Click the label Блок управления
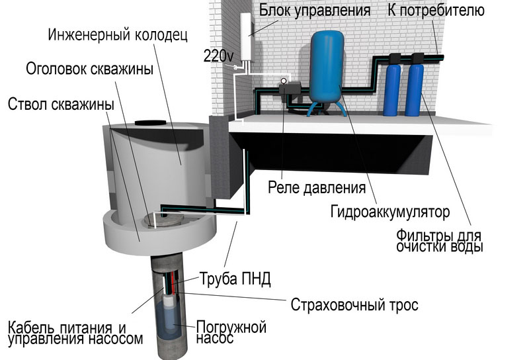point(315,11)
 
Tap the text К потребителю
point(436,10)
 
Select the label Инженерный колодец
point(118,34)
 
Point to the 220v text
point(218,56)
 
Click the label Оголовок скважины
point(90,69)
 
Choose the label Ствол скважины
point(61,105)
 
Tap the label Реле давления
point(317,187)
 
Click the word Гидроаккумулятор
point(390,212)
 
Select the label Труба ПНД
point(235,279)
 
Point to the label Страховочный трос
point(354,304)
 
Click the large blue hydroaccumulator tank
point(327,66)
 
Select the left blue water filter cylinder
point(392,89)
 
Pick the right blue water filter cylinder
point(415,89)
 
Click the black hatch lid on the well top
point(151,123)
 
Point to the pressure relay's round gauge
point(284,81)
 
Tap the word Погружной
point(231,326)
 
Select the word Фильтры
point(421,236)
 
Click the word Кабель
point(31,328)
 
